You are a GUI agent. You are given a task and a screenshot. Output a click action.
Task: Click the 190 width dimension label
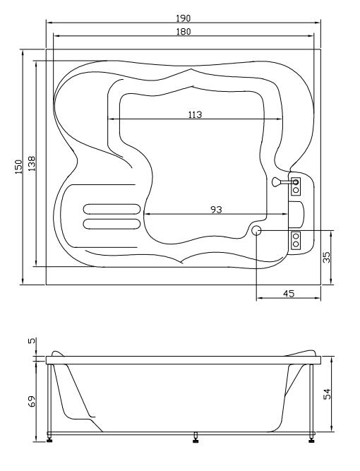183,18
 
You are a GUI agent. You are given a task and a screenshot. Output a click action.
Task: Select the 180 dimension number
183,32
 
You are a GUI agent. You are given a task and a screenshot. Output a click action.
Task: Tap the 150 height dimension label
18,167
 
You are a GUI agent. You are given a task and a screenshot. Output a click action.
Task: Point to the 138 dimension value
32,163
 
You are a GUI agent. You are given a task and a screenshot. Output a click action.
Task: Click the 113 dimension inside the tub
195,114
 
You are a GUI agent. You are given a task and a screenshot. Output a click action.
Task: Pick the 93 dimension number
216,209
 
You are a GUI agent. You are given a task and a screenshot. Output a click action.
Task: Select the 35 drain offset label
326,257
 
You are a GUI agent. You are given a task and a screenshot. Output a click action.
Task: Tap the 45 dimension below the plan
289,294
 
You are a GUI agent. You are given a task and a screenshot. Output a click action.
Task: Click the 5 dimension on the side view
32,340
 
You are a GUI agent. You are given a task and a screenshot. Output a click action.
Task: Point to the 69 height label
32,401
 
